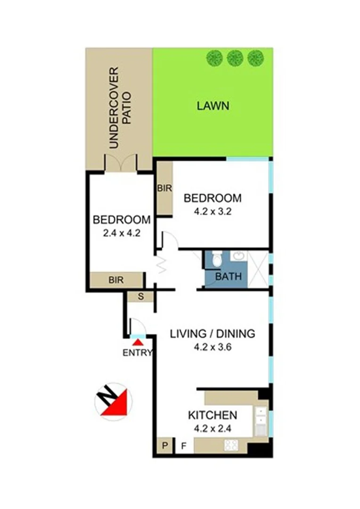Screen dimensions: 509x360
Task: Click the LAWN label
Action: pyautogui.click(x=213, y=106)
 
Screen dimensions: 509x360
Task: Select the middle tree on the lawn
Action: pyautogui.click(x=234, y=58)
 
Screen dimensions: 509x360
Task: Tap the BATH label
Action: pyautogui.click(x=228, y=277)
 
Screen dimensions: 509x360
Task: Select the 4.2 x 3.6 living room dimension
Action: pyautogui.click(x=212, y=347)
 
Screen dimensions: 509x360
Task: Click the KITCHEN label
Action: pyautogui.click(x=212, y=416)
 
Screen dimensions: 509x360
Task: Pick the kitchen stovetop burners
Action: pyautogui.click(x=232, y=444)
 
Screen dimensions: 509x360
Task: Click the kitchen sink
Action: pyautogui.click(x=260, y=421)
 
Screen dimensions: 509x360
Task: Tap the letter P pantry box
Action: pyautogui.click(x=164, y=445)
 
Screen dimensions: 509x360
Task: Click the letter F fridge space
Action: pyautogui.click(x=184, y=445)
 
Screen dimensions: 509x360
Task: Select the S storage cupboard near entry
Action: pyautogui.click(x=140, y=296)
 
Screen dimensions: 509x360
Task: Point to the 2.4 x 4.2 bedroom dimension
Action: pyautogui.click(x=122, y=232)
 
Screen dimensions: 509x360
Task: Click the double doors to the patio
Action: pyautogui.click(x=121, y=163)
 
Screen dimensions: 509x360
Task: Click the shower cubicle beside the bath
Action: pyautogui.click(x=258, y=269)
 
